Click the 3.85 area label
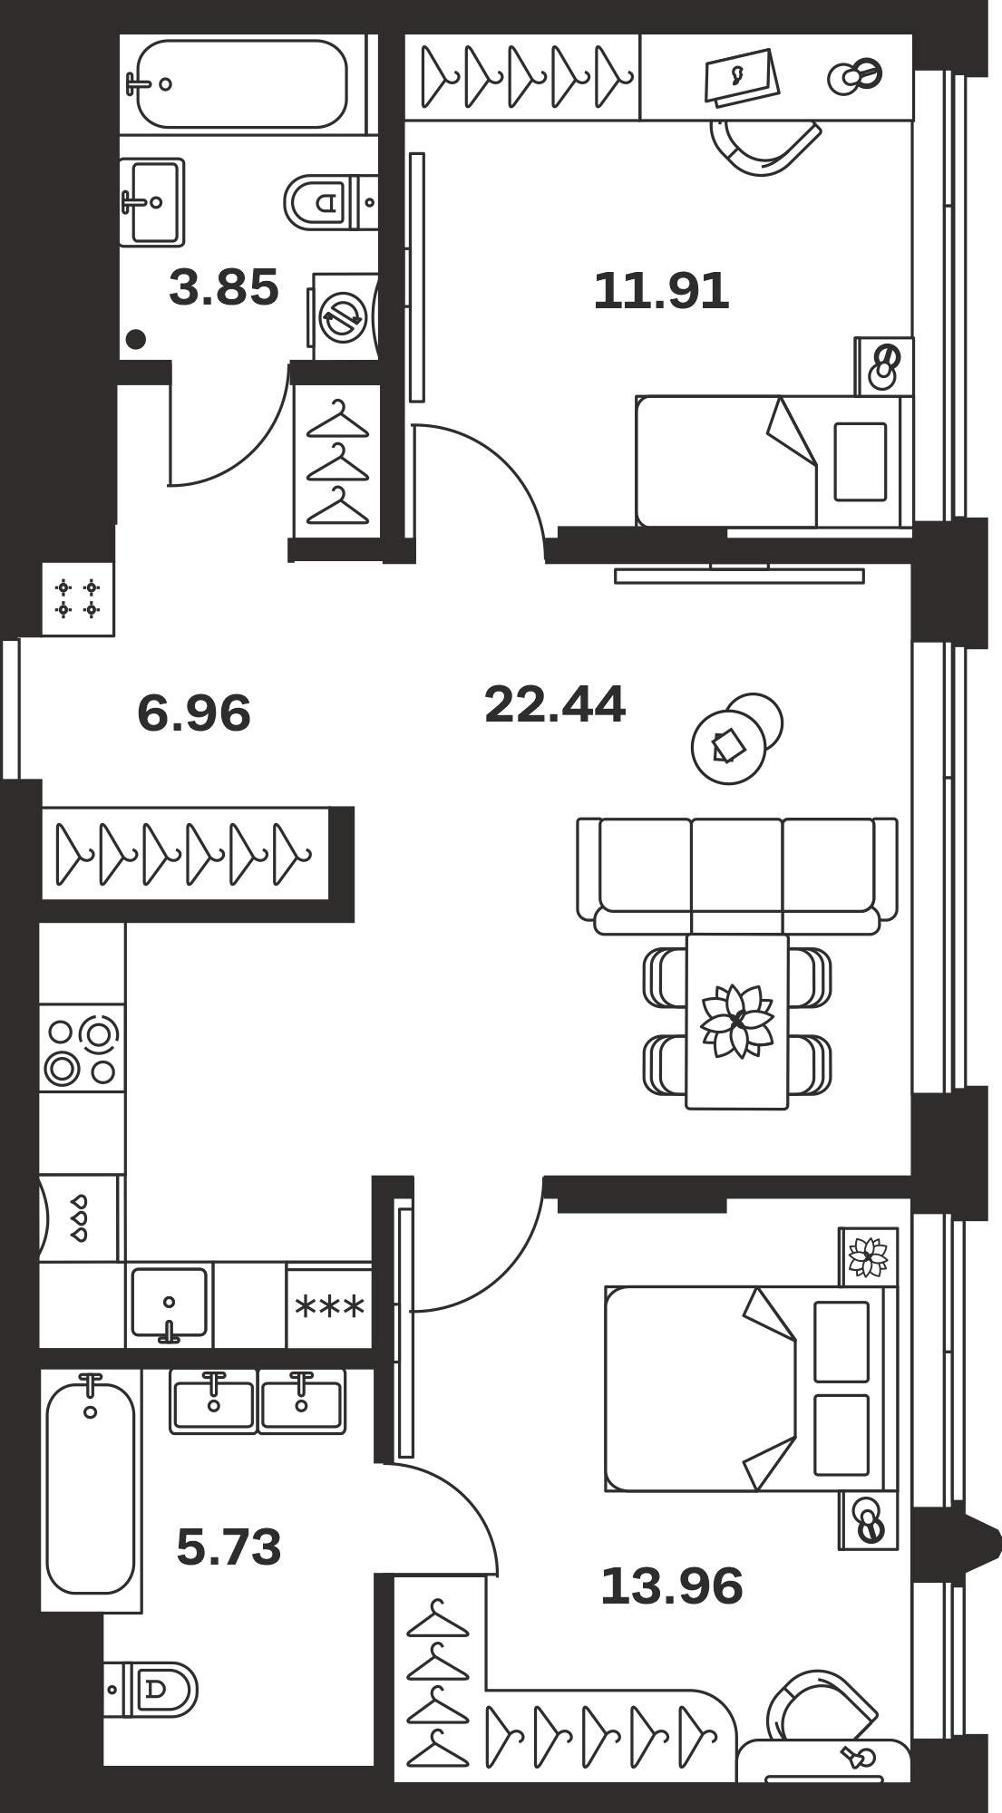tap(224, 288)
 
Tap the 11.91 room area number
tap(661, 292)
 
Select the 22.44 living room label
tap(555, 704)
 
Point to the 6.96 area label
tap(194, 713)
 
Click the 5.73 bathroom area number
tap(229, 1546)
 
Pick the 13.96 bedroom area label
tap(672, 1586)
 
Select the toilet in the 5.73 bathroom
tap(151, 1689)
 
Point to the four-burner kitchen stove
tap(82, 1048)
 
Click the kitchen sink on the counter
tap(170, 1304)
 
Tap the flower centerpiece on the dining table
tap(737, 1020)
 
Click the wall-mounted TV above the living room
tap(739, 575)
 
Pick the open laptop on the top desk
tap(742, 77)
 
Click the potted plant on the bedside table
tap(869, 1257)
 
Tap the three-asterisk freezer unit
tap(330, 1306)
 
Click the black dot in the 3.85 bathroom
tap(136, 339)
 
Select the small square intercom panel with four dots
tap(78, 598)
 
